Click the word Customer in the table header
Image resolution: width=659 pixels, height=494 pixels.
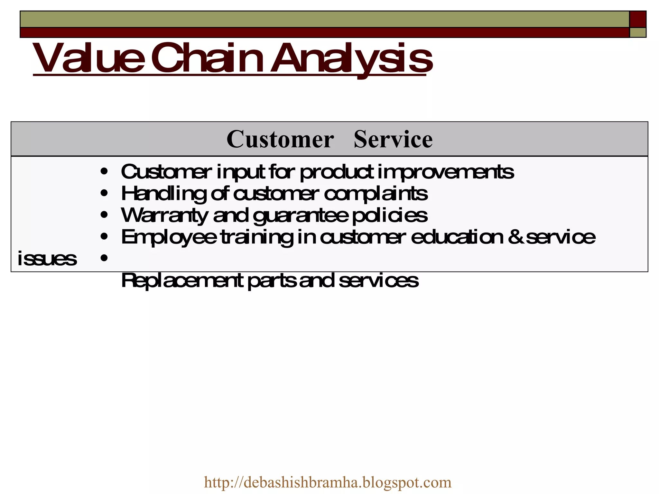coord(280,139)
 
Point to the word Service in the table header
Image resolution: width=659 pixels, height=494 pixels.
coord(393,139)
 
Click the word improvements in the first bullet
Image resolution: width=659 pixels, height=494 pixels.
coord(446,172)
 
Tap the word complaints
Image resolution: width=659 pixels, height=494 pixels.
coord(376,194)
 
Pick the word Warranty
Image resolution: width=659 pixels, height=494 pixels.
coord(164,215)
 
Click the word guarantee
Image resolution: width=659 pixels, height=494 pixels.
coord(301,216)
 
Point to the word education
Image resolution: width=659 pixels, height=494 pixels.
coord(457,237)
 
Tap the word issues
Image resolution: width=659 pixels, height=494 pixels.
coord(47,259)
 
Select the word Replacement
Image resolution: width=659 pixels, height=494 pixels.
coord(182,280)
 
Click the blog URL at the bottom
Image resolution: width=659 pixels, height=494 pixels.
coord(328,482)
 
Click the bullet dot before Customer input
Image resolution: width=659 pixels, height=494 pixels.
coord(104,172)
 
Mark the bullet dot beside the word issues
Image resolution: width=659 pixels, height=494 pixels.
coord(104,258)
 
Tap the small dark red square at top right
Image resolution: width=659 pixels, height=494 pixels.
coord(637,19)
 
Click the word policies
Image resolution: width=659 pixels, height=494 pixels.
coord(390,215)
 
